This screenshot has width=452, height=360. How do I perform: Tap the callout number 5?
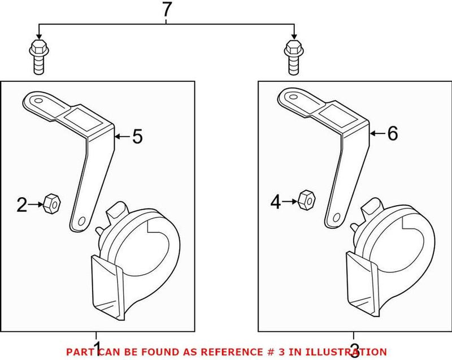[x=137, y=136]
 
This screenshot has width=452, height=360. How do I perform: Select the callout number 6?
[x=392, y=133]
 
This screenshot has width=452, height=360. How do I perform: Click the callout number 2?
[x=21, y=205]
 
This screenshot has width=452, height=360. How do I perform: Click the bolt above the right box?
[x=293, y=57]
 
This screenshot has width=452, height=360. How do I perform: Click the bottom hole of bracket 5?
[x=82, y=220]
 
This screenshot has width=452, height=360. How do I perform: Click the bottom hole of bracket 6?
[x=337, y=217]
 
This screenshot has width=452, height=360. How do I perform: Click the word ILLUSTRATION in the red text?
[x=346, y=352]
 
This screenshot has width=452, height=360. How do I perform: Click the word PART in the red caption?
[x=79, y=352]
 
